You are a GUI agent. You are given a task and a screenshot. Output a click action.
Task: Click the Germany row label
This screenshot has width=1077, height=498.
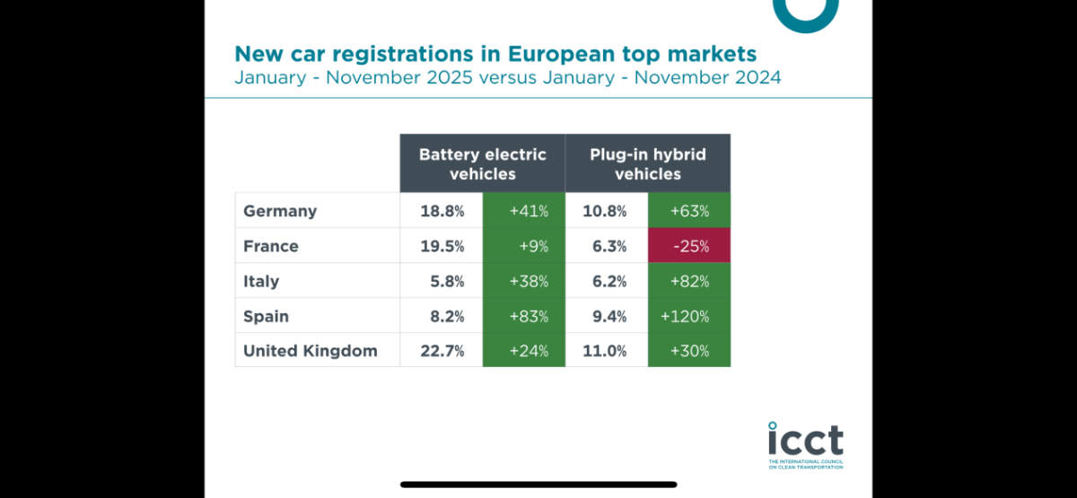pyautogui.click(x=280, y=211)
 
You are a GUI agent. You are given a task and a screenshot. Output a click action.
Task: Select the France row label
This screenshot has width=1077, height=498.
pyautogui.click(x=271, y=246)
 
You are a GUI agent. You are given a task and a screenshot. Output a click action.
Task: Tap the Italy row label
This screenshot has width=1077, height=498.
pyautogui.click(x=261, y=281)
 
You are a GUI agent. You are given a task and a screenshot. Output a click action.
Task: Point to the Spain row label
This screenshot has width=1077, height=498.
pyautogui.click(x=267, y=316)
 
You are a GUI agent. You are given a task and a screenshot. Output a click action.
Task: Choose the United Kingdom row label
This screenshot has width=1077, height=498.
pyautogui.click(x=311, y=351)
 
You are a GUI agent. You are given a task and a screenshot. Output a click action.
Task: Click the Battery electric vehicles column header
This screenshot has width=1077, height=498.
pyautogui.click(x=483, y=163)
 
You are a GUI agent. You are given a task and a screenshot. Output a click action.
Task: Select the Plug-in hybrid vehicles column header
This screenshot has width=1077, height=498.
pyautogui.click(x=648, y=163)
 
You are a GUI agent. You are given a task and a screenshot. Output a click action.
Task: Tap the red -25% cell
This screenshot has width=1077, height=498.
pyautogui.click(x=689, y=246)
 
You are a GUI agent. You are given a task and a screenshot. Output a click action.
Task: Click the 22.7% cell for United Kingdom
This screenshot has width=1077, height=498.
pyautogui.click(x=442, y=351)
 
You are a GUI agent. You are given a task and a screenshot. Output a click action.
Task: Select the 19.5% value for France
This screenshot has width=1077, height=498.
pyautogui.click(x=442, y=246)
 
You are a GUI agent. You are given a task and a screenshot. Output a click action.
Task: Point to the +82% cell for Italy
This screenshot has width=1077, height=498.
pyautogui.click(x=689, y=281)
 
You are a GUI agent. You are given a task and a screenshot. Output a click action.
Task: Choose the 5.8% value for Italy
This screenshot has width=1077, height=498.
pyautogui.click(x=447, y=281)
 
